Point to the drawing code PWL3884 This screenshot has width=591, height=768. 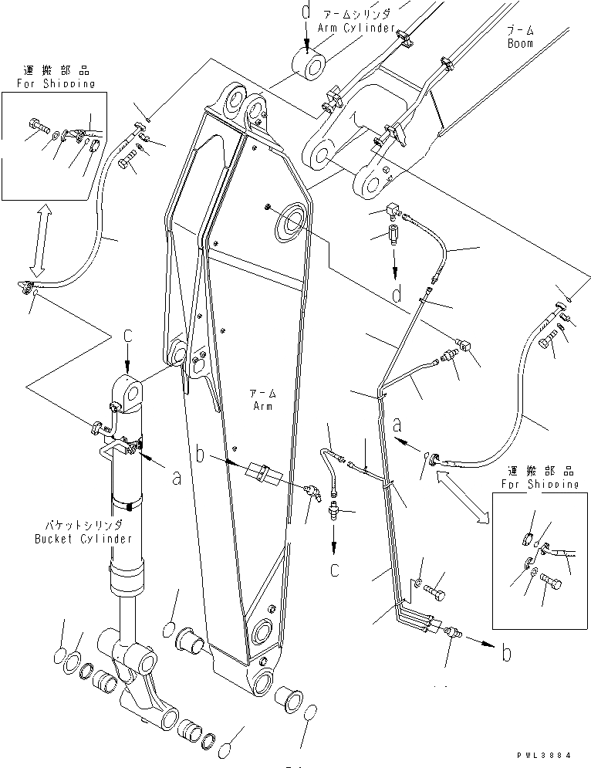tap(548, 759)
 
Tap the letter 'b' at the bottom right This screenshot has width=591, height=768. tap(505, 655)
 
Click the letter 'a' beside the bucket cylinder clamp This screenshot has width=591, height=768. tap(177, 478)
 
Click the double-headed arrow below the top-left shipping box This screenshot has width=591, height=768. tap(39, 239)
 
